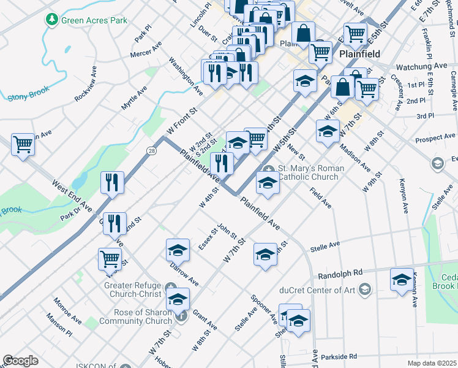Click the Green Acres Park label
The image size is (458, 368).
pyautogui.click(x=94, y=20)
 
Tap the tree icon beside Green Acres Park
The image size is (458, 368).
pyautogui.click(x=52, y=20)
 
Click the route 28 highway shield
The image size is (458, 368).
pyautogui.click(x=151, y=151)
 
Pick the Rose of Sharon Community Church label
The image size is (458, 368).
pyautogui.click(x=135, y=316)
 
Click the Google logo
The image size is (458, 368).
pyautogui.click(x=20, y=361)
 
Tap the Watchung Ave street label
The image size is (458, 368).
pyautogui.click(x=422, y=66)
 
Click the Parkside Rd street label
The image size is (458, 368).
pyautogui.click(x=338, y=357)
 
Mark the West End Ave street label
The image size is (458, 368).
pyautogui.click(x=72, y=194)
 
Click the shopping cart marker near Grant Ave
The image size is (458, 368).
pyautogui.click(x=110, y=258)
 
